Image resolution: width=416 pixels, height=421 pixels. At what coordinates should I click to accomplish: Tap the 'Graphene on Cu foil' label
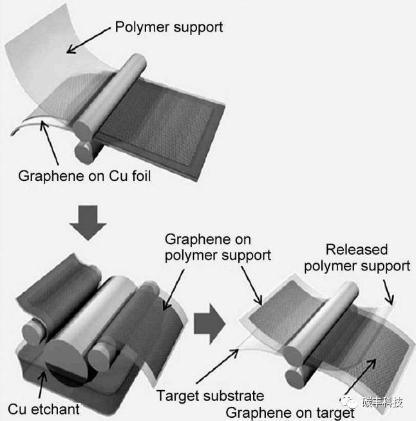tap(84, 175)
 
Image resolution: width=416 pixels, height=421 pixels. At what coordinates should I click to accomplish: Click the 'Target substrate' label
tap(210, 395)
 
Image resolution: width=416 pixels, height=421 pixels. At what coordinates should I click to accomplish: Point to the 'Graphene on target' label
tap(290, 413)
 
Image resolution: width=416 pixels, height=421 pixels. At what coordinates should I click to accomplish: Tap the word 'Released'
tap(357, 249)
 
